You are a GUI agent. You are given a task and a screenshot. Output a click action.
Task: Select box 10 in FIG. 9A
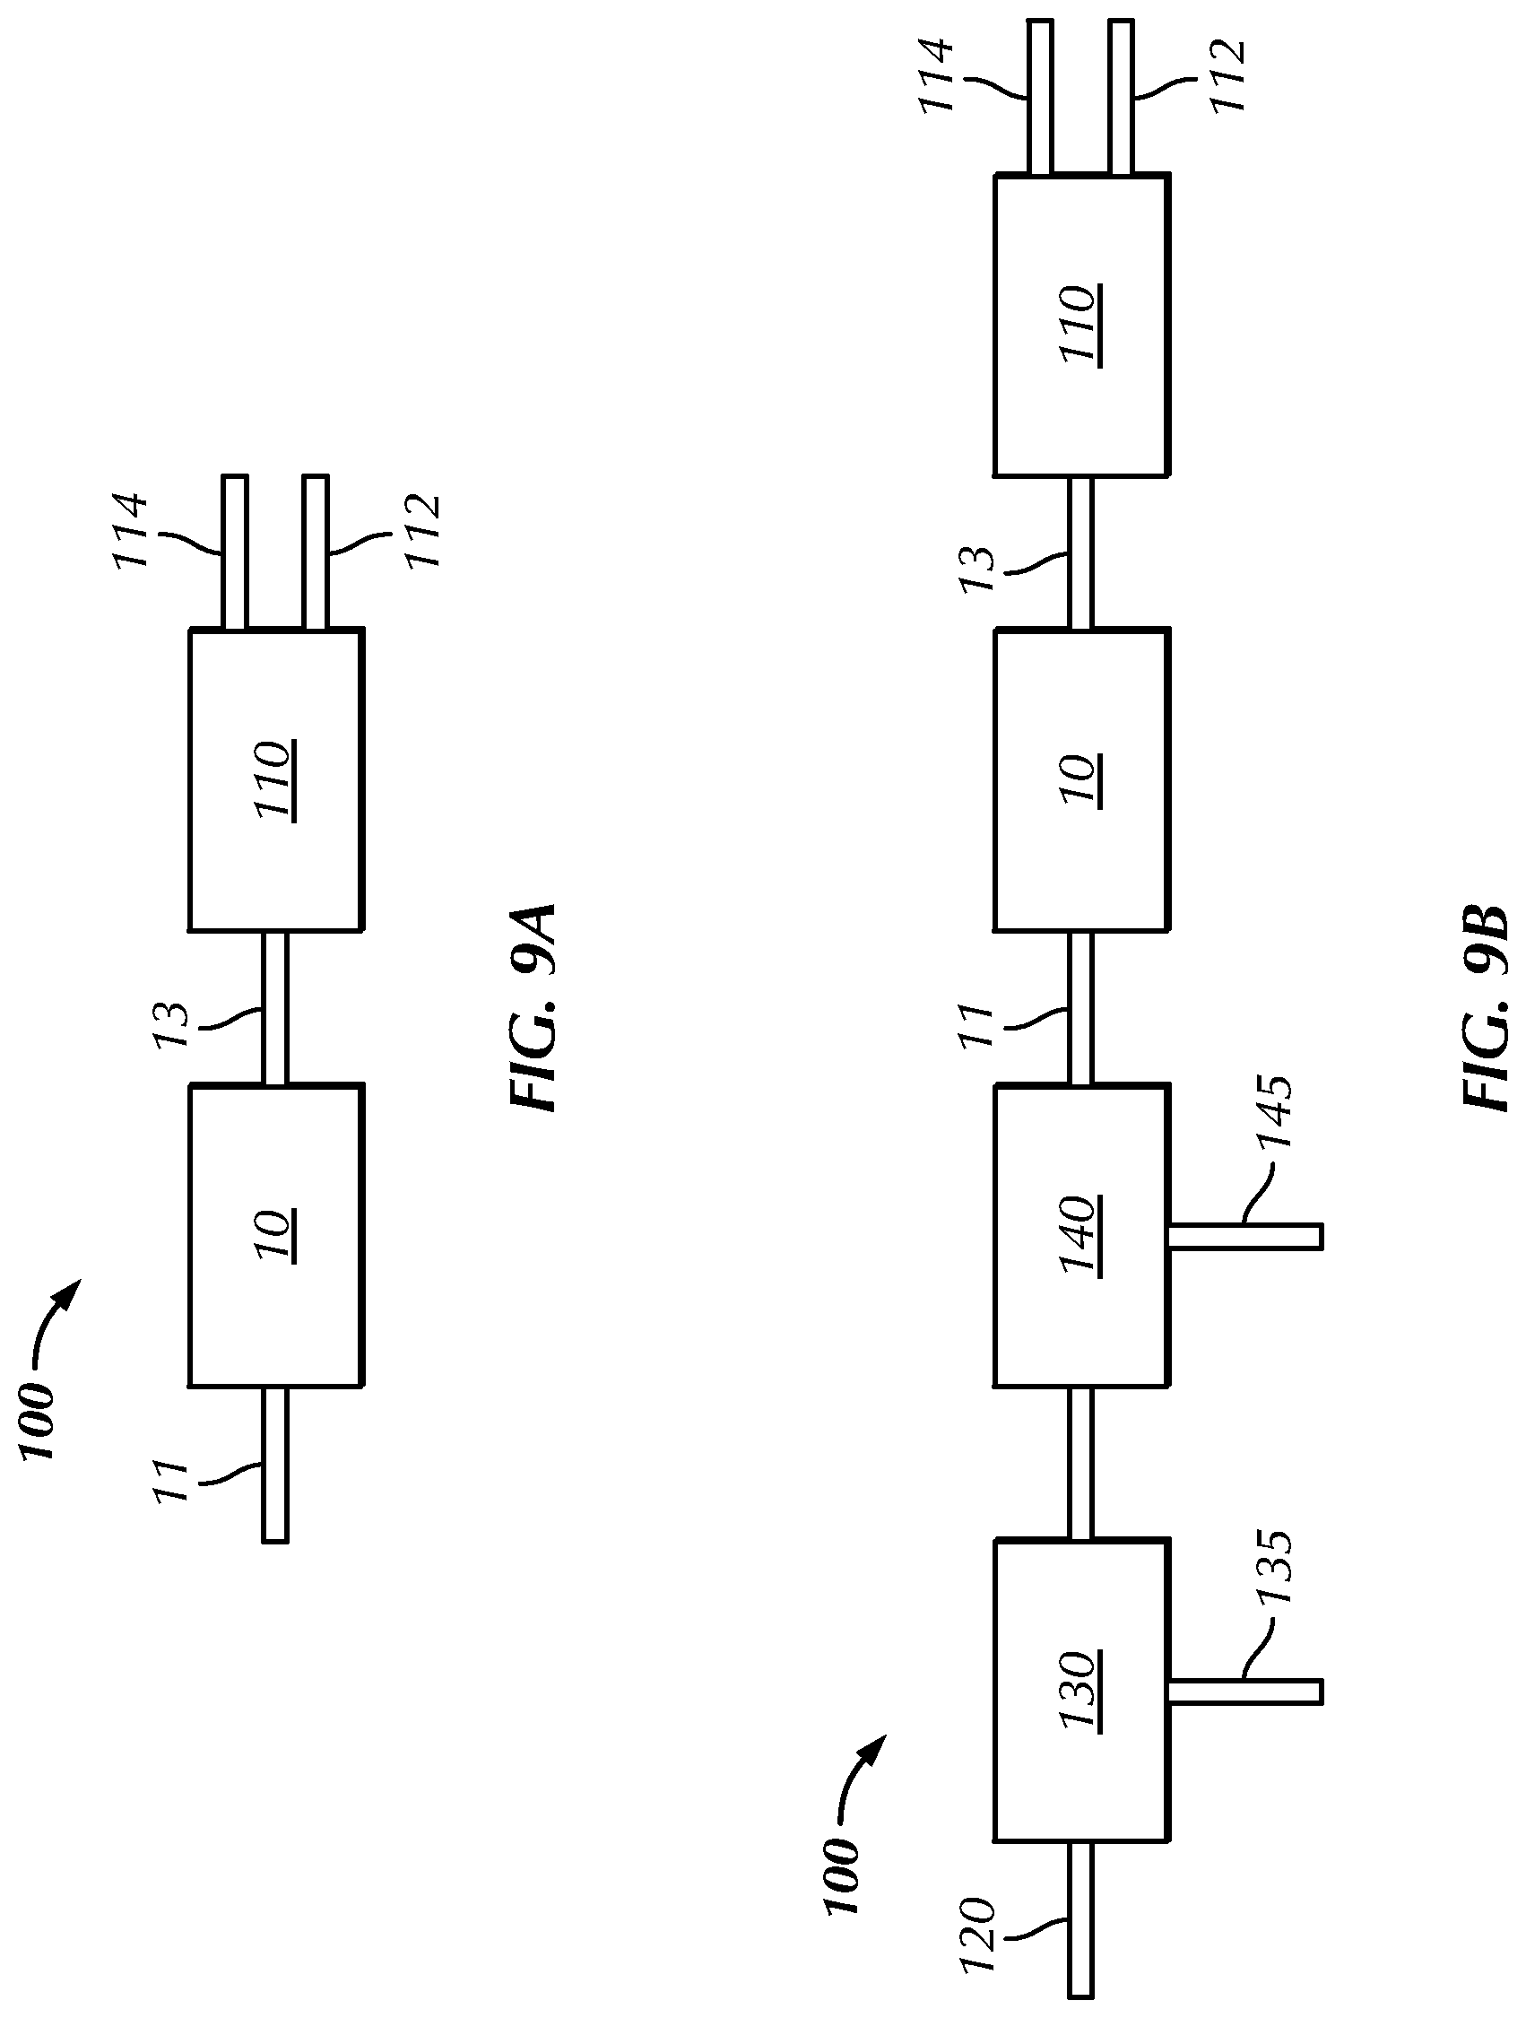(x=275, y=1235)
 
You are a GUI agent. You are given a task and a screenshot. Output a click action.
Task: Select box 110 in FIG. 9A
(x=275, y=779)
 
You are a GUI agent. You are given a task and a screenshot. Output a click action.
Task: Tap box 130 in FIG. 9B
(x=1080, y=1692)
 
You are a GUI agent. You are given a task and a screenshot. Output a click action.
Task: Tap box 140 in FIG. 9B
(x=1080, y=1235)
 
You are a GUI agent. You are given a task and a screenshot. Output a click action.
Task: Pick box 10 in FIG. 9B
(x=1080, y=779)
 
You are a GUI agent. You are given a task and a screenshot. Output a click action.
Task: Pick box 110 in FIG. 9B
(x=1080, y=325)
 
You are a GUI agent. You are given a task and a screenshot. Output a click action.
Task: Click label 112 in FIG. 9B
(x=1227, y=75)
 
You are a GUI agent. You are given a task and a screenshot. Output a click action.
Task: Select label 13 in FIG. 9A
(x=170, y=1025)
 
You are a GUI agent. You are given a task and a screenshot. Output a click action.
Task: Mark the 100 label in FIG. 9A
(x=38, y=1422)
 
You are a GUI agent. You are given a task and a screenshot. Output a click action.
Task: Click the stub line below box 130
(x=1245, y=1692)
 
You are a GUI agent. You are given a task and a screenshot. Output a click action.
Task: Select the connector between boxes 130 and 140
(x=1080, y=1465)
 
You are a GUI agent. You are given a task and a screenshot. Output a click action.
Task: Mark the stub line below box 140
(x=1245, y=1236)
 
